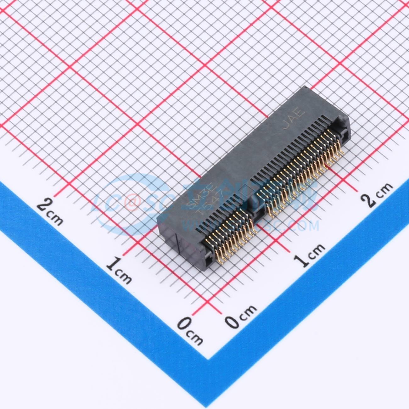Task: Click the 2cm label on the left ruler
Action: [50, 210]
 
